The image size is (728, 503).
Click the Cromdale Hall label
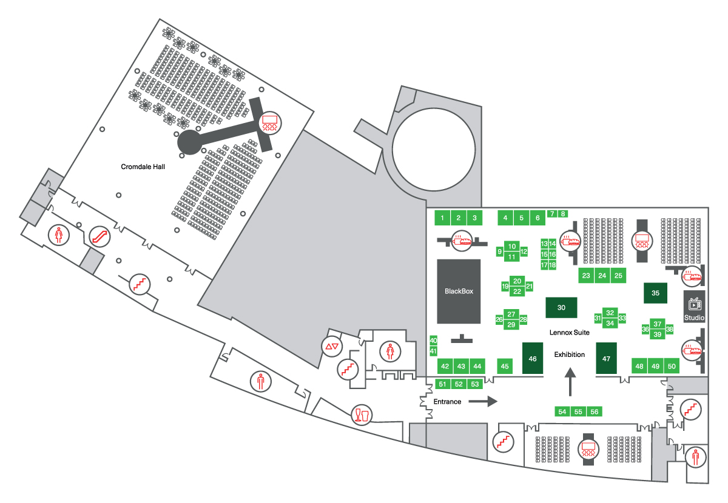(143, 167)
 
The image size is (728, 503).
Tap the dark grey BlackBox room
(459, 291)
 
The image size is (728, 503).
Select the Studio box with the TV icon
(694, 307)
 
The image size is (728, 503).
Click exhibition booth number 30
(561, 307)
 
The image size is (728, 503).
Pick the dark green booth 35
(656, 293)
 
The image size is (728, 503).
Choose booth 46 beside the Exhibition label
(533, 358)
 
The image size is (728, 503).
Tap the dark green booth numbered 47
(606, 358)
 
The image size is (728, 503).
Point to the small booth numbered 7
(552, 214)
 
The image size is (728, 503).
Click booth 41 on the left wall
(433, 351)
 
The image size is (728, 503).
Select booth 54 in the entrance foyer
(562, 411)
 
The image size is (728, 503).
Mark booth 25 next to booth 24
(618, 276)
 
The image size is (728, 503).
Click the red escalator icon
(99, 236)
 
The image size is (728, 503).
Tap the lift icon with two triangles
(332, 347)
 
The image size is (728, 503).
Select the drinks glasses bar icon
(362, 415)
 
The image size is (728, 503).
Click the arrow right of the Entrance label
(483, 402)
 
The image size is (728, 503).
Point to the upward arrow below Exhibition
(570, 382)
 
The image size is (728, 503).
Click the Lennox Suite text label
(570, 333)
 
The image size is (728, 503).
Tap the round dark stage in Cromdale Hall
(190, 142)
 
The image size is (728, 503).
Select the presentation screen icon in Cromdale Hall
(270, 123)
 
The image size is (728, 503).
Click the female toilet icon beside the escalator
(58, 235)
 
